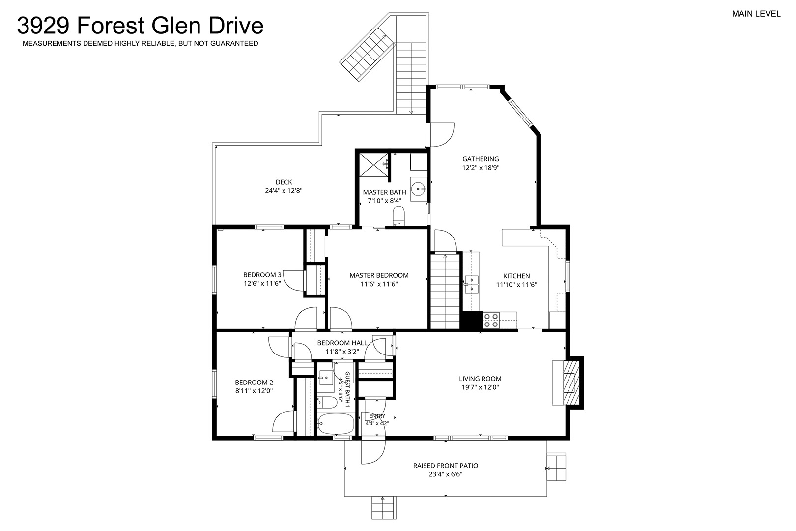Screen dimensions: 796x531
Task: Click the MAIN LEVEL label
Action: (756, 14)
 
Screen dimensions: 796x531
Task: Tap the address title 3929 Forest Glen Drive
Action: (141, 25)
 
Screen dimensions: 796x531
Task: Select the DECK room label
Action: (284, 182)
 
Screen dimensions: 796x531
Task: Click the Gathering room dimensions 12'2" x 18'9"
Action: (481, 168)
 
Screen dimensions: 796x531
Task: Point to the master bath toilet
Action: (398, 216)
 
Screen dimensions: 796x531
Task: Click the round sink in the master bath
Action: (418, 188)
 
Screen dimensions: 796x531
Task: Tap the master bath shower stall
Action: (373, 165)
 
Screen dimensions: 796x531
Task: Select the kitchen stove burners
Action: (491, 320)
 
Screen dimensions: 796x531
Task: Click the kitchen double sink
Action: (472, 284)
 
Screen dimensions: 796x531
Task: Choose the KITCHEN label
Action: (516, 276)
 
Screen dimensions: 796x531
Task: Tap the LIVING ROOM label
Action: (480, 379)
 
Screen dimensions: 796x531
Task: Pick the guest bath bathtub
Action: (336, 424)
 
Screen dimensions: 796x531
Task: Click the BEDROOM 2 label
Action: (254, 383)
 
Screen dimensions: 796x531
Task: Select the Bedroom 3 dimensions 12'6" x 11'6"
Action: (262, 284)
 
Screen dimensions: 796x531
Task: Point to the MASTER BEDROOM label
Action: (379, 275)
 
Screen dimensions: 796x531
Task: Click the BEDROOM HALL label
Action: (342, 343)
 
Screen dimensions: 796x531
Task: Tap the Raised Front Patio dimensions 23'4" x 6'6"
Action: (446, 474)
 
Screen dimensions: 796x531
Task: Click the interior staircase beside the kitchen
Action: (445, 291)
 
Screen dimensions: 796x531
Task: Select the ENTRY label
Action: (377, 416)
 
